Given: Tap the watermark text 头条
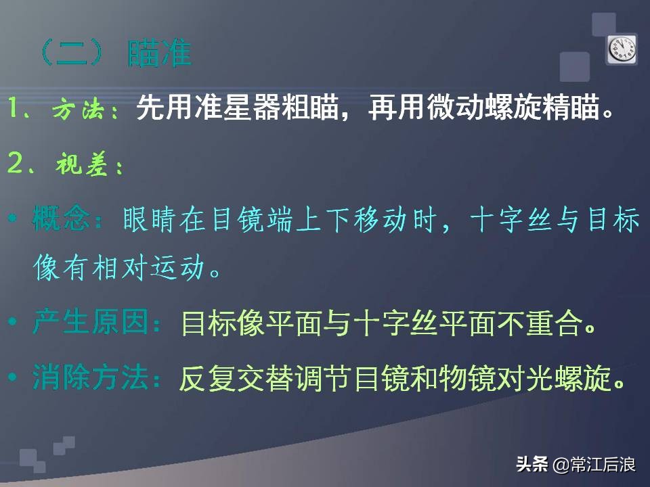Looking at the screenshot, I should point(532,465).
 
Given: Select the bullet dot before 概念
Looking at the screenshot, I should point(14,221).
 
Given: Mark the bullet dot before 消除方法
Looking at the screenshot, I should point(14,377).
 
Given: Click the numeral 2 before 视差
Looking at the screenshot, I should point(16,164).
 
